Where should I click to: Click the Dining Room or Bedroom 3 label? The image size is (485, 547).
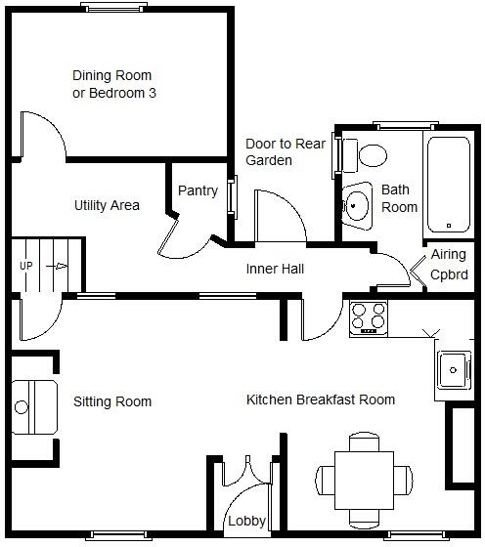coord(114,84)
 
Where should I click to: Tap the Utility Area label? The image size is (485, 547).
coord(107,205)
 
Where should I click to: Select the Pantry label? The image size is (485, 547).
coord(198,191)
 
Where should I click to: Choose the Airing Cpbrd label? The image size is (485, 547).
coord(450,264)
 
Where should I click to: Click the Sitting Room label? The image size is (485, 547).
coord(112,401)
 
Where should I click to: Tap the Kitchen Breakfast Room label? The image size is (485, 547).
coord(321,400)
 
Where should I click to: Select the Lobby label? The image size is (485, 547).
coord(246,523)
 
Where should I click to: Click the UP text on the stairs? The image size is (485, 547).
coord(26,265)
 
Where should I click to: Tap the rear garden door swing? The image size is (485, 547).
coord(279,215)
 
